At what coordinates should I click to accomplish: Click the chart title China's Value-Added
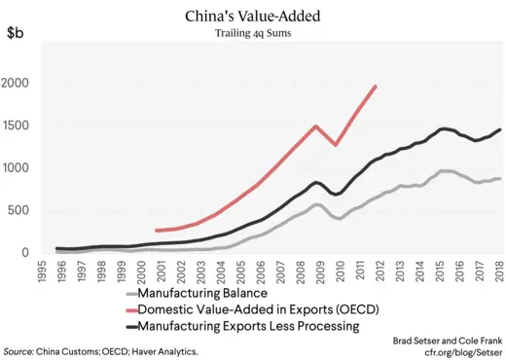click(x=252, y=17)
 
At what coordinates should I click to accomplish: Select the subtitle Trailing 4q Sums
click(x=252, y=33)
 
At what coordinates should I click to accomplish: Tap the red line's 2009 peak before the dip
click(x=316, y=126)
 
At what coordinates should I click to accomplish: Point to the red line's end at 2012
click(x=376, y=87)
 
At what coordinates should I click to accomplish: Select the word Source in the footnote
click(x=18, y=348)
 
